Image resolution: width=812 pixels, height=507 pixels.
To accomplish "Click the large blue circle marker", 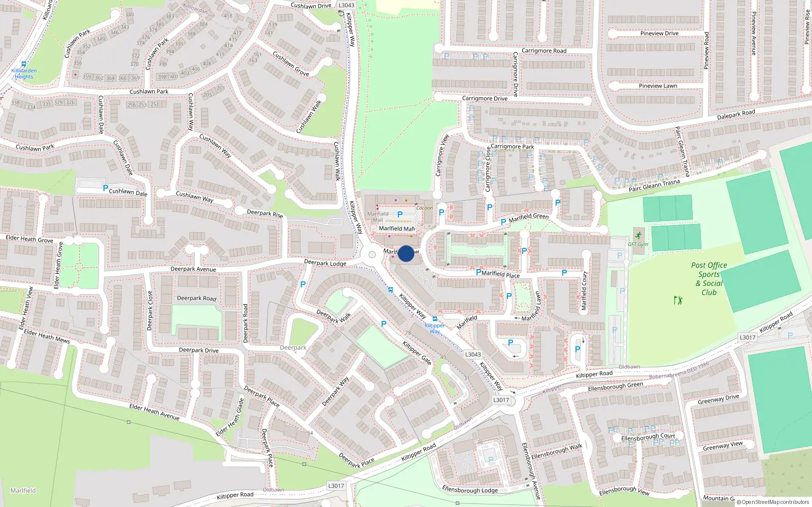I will (x=406, y=253).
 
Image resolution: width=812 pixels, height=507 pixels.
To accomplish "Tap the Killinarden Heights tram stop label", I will (x=24, y=74).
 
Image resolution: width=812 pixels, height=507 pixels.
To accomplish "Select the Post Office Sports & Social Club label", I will (x=709, y=279).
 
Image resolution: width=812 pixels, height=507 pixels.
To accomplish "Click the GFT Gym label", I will (x=638, y=244).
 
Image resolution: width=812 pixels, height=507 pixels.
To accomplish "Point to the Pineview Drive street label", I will (x=659, y=33).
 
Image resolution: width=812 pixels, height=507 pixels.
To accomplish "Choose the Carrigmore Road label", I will (x=544, y=51).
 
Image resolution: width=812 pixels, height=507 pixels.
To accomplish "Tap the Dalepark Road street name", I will (x=736, y=115).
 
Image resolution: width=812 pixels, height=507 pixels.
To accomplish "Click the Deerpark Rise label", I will (x=265, y=213).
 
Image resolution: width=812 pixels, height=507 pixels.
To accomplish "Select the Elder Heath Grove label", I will (x=29, y=239).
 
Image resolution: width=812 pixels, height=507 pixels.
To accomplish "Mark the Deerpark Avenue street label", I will (x=193, y=269).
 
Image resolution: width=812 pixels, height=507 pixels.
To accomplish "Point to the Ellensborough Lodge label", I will (x=470, y=490).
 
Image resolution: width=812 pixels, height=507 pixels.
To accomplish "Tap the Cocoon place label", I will (x=424, y=208).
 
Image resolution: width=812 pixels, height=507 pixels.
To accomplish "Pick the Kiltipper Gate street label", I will (x=417, y=353).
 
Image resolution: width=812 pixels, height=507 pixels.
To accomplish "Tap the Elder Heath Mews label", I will (x=47, y=336).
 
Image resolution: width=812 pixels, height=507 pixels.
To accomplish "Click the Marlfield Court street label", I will (x=584, y=291).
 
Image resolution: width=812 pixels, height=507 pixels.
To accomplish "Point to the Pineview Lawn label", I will (x=658, y=86).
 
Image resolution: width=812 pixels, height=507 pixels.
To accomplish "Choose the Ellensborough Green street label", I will (x=615, y=387).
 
